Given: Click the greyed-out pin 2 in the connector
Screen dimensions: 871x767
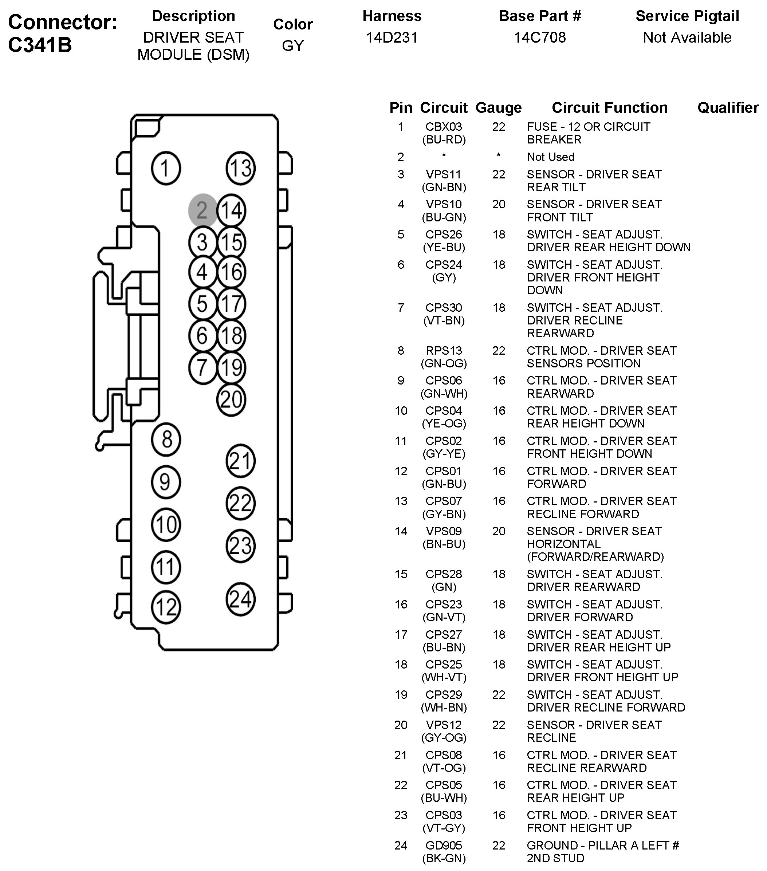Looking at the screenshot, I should point(202,210).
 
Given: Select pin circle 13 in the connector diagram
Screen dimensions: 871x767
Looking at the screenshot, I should point(240,168).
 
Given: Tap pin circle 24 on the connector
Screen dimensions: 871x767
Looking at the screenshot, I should point(240,599).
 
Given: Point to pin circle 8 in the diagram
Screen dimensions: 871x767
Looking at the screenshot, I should point(166,440).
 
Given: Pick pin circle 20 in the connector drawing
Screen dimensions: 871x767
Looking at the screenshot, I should point(231,399).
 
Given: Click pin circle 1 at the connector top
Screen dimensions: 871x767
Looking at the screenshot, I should point(166,168).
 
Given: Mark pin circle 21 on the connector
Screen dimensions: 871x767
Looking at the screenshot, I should point(240,461).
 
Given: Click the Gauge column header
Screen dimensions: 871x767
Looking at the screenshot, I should point(498,108).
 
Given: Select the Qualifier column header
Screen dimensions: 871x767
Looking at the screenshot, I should point(728,108).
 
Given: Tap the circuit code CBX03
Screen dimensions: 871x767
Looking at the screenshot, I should point(444,127).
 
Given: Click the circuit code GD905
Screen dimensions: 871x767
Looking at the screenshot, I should point(444,845).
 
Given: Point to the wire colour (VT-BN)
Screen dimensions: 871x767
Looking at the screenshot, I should point(444,320).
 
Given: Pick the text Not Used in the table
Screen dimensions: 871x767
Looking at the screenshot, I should point(551,157).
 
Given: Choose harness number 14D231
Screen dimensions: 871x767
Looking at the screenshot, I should point(392,38).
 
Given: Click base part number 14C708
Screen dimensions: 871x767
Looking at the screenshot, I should point(539,38).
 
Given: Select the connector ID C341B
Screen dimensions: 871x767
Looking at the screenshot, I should point(40,45).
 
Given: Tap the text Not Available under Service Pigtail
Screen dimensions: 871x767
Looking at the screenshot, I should point(687,38).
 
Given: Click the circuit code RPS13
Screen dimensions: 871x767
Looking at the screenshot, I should point(444,350).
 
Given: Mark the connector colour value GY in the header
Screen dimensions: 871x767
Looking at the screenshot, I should point(293,46).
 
